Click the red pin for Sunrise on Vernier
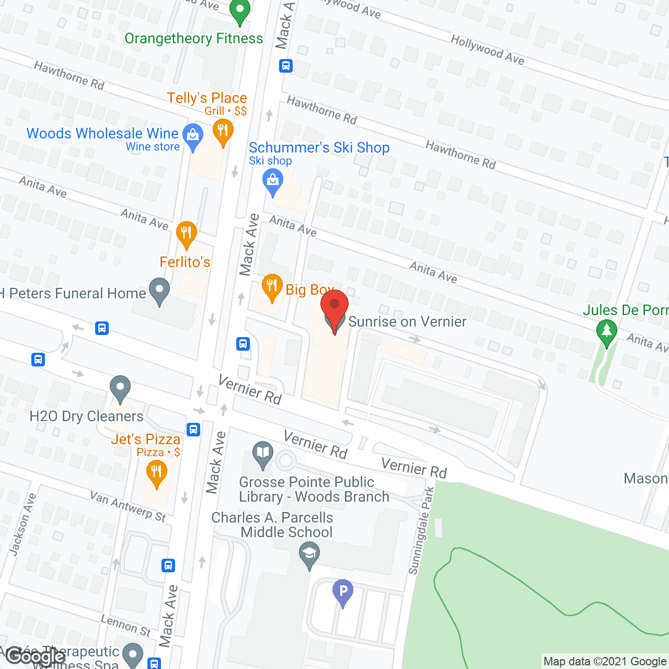[x=334, y=308]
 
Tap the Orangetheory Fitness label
[x=193, y=39]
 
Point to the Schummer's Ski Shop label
[x=319, y=148]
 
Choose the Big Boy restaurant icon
[x=272, y=286]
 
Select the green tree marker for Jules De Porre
[x=606, y=332]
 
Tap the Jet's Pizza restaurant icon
[x=156, y=473]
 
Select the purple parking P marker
[x=343, y=592]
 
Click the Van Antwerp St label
[x=128, y=506]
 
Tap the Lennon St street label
[x=125, y=626]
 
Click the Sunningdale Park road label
[x=421, y=530]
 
